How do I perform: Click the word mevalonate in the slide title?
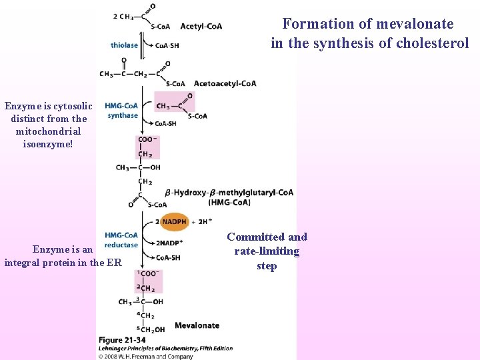pyautogui.click(x=415, y=24)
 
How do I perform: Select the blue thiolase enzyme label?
pyautogui.click(x=125, y=45)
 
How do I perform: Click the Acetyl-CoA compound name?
pyautogui.click(x=201, y=27)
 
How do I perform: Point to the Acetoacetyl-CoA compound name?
pyautogui.click(x=225, y=83)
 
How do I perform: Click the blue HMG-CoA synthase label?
pyautogui.click(x=121, y=111)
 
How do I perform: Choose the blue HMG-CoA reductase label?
pyautogui.click(x=121, y=240)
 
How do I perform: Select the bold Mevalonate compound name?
pyautogui.click(x=197, y=325)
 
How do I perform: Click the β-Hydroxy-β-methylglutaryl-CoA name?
pyautogui.click(x=232, y=193)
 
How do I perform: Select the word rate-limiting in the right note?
pyautogui.click(x=267, y=251)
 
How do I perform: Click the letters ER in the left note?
pyautogui.click(x=114, y=263)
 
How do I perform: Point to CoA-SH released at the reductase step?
pyautogui.click(x=167, y=257)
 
